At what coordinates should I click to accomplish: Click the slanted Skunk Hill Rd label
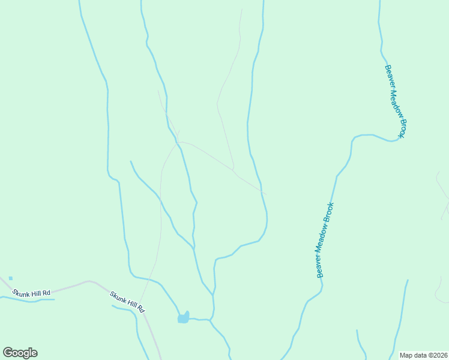pos(128,302)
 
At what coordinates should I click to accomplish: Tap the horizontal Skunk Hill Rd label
pos(32,293)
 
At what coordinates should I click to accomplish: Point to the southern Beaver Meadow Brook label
pos(325,240)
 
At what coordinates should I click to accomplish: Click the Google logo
pos(20,353)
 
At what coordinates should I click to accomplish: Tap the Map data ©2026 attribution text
pos(423,355)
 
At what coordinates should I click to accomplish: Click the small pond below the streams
pos(183,317)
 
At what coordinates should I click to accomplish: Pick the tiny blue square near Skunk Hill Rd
pos(11,278)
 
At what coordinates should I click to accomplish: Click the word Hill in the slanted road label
pos(131,304)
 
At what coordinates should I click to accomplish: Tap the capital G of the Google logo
pos(8,353)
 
